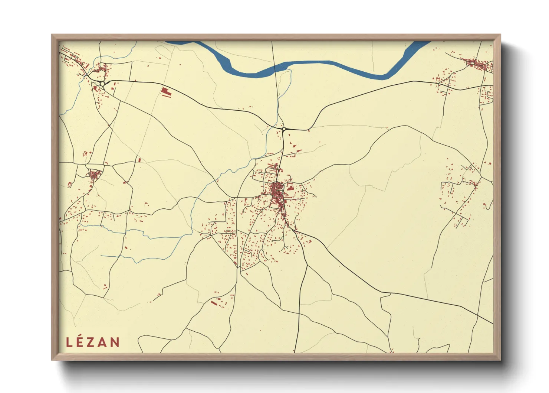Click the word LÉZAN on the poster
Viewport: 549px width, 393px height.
[93, 342]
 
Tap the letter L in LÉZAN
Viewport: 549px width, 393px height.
[69, 342]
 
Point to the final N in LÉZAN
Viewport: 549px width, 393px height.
[115, 342]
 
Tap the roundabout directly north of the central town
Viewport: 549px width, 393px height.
[284, 129]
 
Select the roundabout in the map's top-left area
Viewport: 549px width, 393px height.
[102, 84]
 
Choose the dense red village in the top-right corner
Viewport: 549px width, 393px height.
[479, 64]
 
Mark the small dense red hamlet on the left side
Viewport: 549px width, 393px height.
[94, 174]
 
